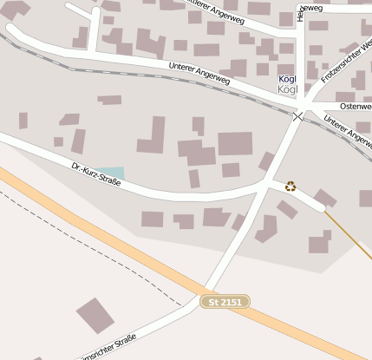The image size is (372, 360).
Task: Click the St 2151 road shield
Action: [x=225, y=302]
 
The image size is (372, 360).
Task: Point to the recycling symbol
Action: [x=290, y=185]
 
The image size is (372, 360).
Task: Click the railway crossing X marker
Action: [x=298, y=116]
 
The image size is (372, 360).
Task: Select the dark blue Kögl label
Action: [x=286, y=79]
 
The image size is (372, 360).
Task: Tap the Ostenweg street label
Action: [x=356, y=106]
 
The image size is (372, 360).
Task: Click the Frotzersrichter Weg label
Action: [x=344, y=62]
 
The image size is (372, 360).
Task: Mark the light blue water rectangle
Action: [x=110, y=173]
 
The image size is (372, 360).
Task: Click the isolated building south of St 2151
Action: [x=95, y=316]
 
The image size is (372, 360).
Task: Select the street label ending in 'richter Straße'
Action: [x=108, y=349]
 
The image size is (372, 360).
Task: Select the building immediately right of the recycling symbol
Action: [x=324, y=199]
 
